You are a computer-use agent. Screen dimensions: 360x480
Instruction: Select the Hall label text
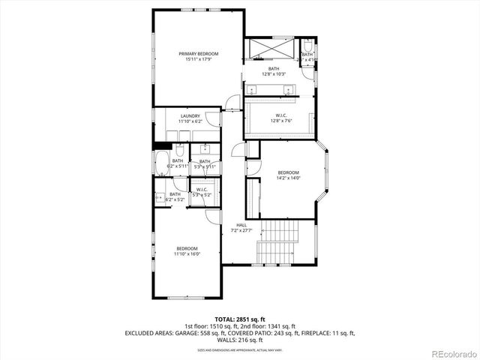point(241,225)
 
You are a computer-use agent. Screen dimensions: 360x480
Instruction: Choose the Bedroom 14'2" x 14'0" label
point(289,174)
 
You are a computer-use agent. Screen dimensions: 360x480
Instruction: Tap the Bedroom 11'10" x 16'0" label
point(187,251)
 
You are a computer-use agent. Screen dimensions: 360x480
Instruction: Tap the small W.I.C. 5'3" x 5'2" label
point(202,192)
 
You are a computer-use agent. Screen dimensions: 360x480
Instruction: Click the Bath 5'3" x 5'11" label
point(203,163)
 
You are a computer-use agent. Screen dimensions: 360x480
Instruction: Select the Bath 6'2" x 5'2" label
point(174,196)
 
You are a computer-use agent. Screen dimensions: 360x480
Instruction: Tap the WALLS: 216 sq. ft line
point(239,339)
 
